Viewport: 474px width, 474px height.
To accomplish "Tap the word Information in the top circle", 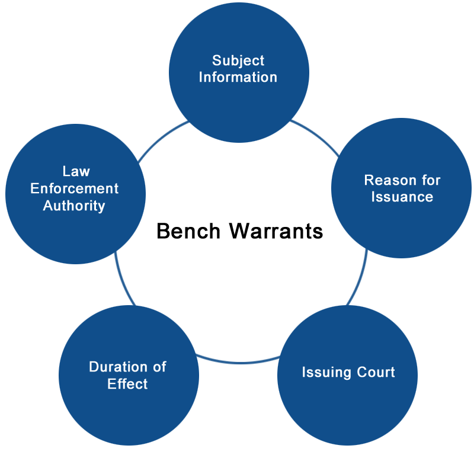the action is coord(238,77).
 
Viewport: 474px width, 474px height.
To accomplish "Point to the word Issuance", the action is coord(402,197).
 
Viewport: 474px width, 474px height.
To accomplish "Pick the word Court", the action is coord(376,372).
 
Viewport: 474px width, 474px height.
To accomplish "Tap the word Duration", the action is coord(118,367).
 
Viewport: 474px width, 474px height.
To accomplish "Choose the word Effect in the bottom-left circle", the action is coord(127,383).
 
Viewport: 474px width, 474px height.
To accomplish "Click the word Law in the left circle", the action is coord(76,171).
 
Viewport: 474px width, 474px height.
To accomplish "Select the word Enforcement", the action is coord(75,188).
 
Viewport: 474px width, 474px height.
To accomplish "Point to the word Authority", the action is coord(74,206).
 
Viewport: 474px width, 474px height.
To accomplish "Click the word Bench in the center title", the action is coord(188,231).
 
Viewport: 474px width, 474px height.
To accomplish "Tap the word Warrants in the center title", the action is coord(276,231).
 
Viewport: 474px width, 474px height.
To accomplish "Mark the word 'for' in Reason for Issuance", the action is coord(431,180).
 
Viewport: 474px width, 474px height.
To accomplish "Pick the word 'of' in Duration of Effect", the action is coord(159,367).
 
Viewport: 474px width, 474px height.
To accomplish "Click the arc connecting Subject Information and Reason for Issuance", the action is coord(317,135).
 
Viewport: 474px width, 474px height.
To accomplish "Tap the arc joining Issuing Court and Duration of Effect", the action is coord(239,362).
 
